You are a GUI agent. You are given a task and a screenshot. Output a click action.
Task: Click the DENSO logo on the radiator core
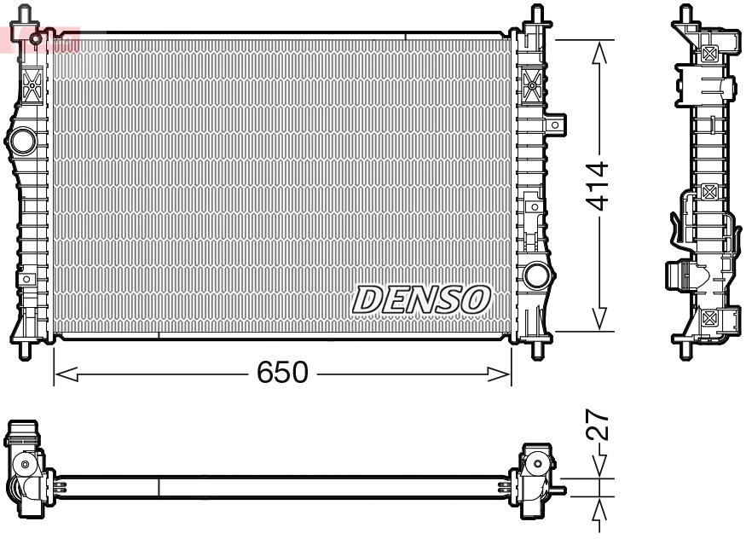tap(423, 299)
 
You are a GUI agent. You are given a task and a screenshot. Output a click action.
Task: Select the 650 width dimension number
tap(281, 373)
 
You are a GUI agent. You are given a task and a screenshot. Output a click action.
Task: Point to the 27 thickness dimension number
tap(599, 424)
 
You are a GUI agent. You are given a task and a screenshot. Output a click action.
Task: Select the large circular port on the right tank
tap(537, 275)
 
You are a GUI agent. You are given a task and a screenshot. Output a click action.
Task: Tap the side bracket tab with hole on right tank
tap(555, 125)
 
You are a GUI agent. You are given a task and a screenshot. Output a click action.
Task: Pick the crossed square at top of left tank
tap(33, 84)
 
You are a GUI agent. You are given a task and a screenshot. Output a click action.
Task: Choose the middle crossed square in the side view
tap(708, 192)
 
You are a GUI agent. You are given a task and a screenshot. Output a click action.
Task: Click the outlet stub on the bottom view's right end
tap(559, 490)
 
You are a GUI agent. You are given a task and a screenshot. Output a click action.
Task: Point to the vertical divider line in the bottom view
tap(159, 487)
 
